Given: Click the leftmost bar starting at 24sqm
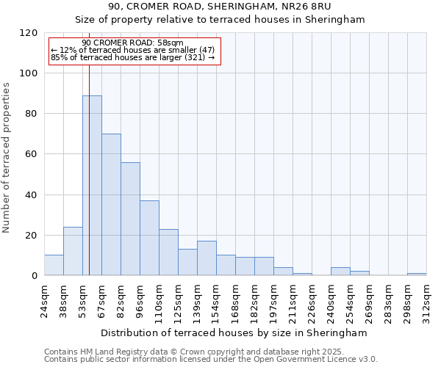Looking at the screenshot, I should [x=54, y=265].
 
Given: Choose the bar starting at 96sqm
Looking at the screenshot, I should [x=149, y=238].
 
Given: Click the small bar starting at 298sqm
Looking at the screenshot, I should [x=417, y=274].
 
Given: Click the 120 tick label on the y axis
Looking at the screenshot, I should [x=29, y=33].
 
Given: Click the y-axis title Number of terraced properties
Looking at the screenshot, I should [x=7, y=158].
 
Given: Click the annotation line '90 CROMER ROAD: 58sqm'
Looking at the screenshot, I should [x=132, y=43].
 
